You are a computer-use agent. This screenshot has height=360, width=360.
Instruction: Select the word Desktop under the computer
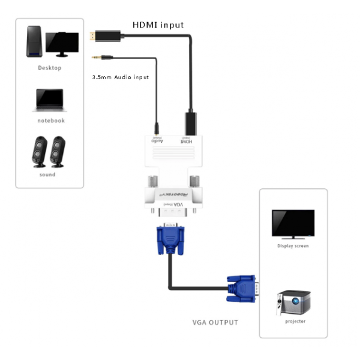tap(50, 68)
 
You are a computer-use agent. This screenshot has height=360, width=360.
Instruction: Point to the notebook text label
tap(50, 121)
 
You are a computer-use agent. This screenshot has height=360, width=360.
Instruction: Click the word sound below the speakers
tap(47, 175)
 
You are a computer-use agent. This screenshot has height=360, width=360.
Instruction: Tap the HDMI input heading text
tap(158, 25)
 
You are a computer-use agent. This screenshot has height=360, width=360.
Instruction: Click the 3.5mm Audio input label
tap(120, 77)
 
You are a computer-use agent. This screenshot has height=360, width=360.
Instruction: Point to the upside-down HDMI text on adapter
tap(186, 142)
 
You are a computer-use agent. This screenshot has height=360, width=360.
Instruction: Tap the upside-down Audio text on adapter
tap(157, 142)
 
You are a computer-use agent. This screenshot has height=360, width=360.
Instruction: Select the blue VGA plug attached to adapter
tap(171, 239)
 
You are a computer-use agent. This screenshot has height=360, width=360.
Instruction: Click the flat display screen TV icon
tap(293, 224)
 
